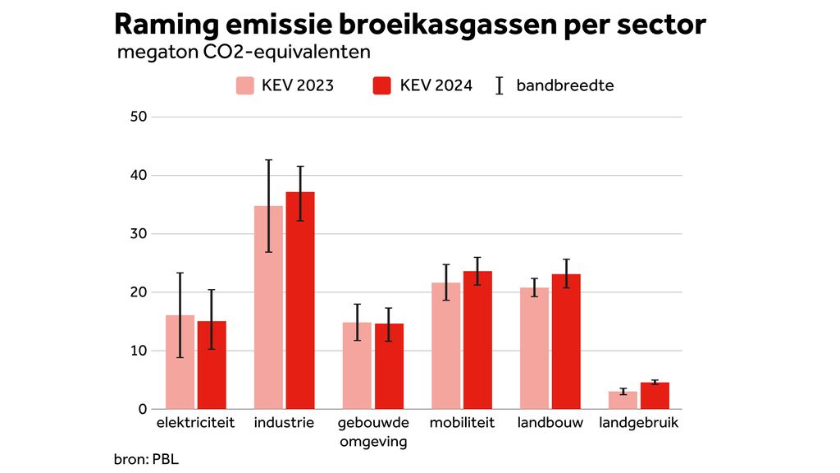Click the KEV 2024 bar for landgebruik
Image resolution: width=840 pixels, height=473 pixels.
tap(655, 396)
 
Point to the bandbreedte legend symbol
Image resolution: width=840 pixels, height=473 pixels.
tap(500, 85)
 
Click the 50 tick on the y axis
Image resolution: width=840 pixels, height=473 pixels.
tap(138, 117)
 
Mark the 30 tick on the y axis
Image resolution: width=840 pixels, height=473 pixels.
tap(138, 234)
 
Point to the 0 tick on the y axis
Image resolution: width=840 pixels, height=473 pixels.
tap(142, 410)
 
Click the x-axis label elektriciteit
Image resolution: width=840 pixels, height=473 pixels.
tap(195, 424)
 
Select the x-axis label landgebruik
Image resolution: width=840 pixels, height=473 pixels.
tap(639, 424)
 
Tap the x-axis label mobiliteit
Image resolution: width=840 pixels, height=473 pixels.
tap(462, 424)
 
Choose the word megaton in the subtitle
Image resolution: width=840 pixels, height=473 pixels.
tap(151, 53)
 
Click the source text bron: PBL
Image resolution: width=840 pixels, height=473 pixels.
tap(146, 459)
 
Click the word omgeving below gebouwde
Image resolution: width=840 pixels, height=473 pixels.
tap(372, 442)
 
